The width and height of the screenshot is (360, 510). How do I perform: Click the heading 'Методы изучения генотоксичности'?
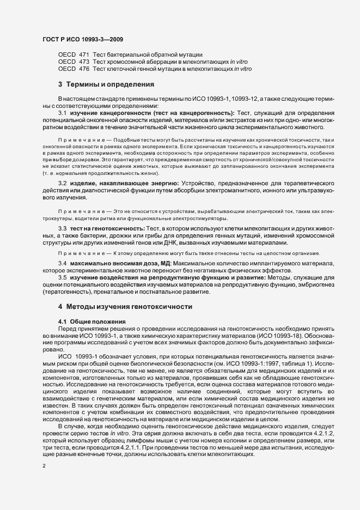click(129, 307)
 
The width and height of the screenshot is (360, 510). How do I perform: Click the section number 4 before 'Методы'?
click(60, 307)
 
